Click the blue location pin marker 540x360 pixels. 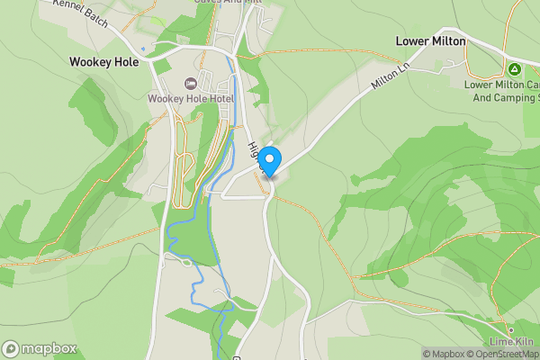[268, 158]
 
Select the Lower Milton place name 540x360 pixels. [431, 41]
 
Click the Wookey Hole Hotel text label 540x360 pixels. [191, 98]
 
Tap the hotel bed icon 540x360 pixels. [191, 83]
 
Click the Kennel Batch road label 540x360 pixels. [81, 13]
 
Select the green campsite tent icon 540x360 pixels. [513, 68]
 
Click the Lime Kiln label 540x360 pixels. [511, 342]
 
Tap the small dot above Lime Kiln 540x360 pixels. [510, 329]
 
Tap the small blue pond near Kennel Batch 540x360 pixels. [142, 49]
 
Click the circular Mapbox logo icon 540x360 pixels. [11, 349]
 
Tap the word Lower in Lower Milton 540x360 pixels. [412, 41]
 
